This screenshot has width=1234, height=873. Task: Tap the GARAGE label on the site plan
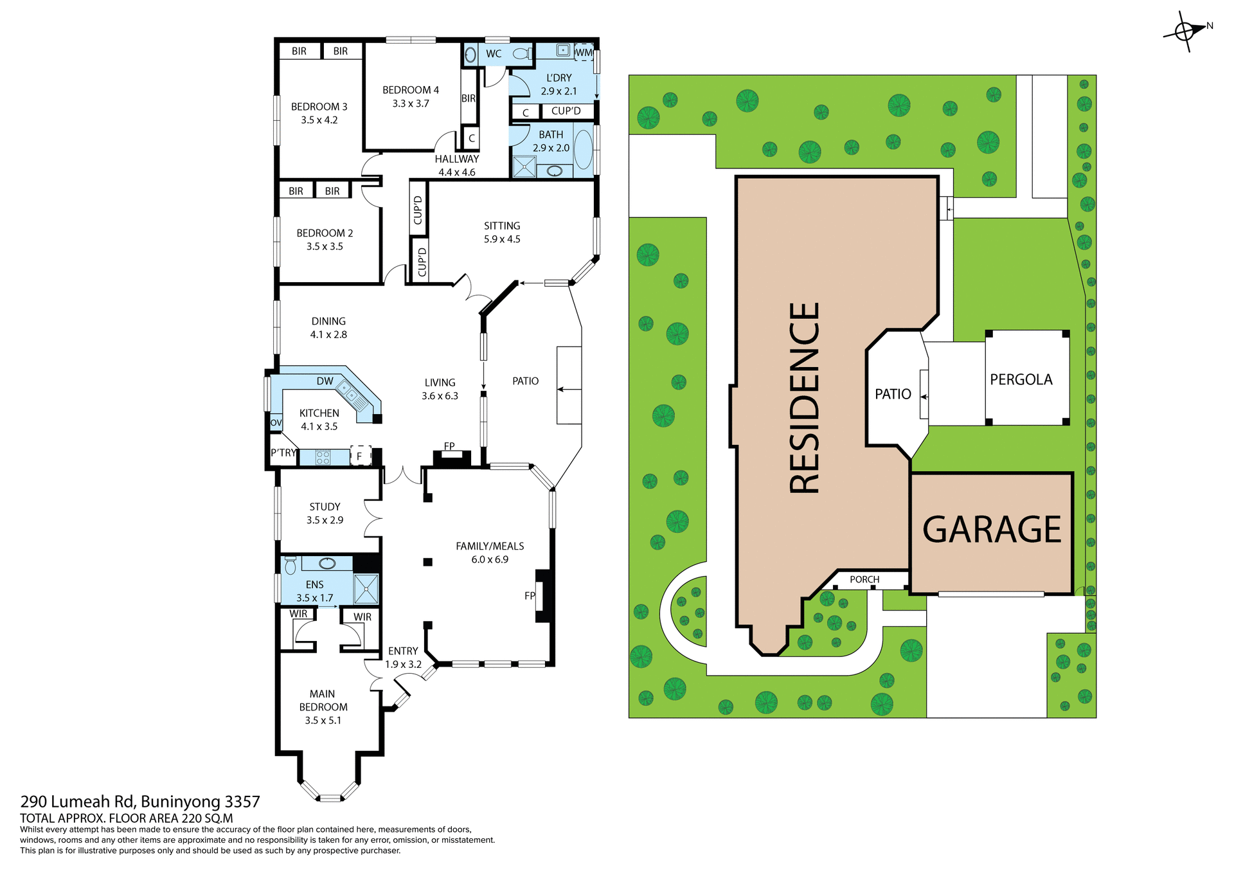(991, 530)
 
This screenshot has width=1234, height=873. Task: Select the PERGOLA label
(1021, 380)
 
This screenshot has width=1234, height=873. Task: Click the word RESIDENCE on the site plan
(805, 398)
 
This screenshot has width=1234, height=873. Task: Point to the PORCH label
(864, 580)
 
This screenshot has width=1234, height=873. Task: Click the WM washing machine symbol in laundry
(584, 53)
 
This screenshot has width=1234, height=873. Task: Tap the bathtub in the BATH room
(582, 149)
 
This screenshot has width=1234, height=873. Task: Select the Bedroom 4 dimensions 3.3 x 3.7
(411, 104)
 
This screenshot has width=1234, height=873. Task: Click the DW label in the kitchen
(325, 381)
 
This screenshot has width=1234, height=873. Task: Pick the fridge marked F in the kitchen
(360, 456)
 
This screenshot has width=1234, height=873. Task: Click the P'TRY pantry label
(283, 453)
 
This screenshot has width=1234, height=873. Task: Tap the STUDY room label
(325, 507)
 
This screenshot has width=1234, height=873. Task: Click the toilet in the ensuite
(291, 566)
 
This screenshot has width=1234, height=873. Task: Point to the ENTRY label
(403, 651)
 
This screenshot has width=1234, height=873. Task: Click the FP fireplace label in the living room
(449, 446)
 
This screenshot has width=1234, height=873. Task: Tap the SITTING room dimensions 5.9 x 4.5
(502, 239)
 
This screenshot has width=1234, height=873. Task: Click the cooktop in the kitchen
(323, 457)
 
